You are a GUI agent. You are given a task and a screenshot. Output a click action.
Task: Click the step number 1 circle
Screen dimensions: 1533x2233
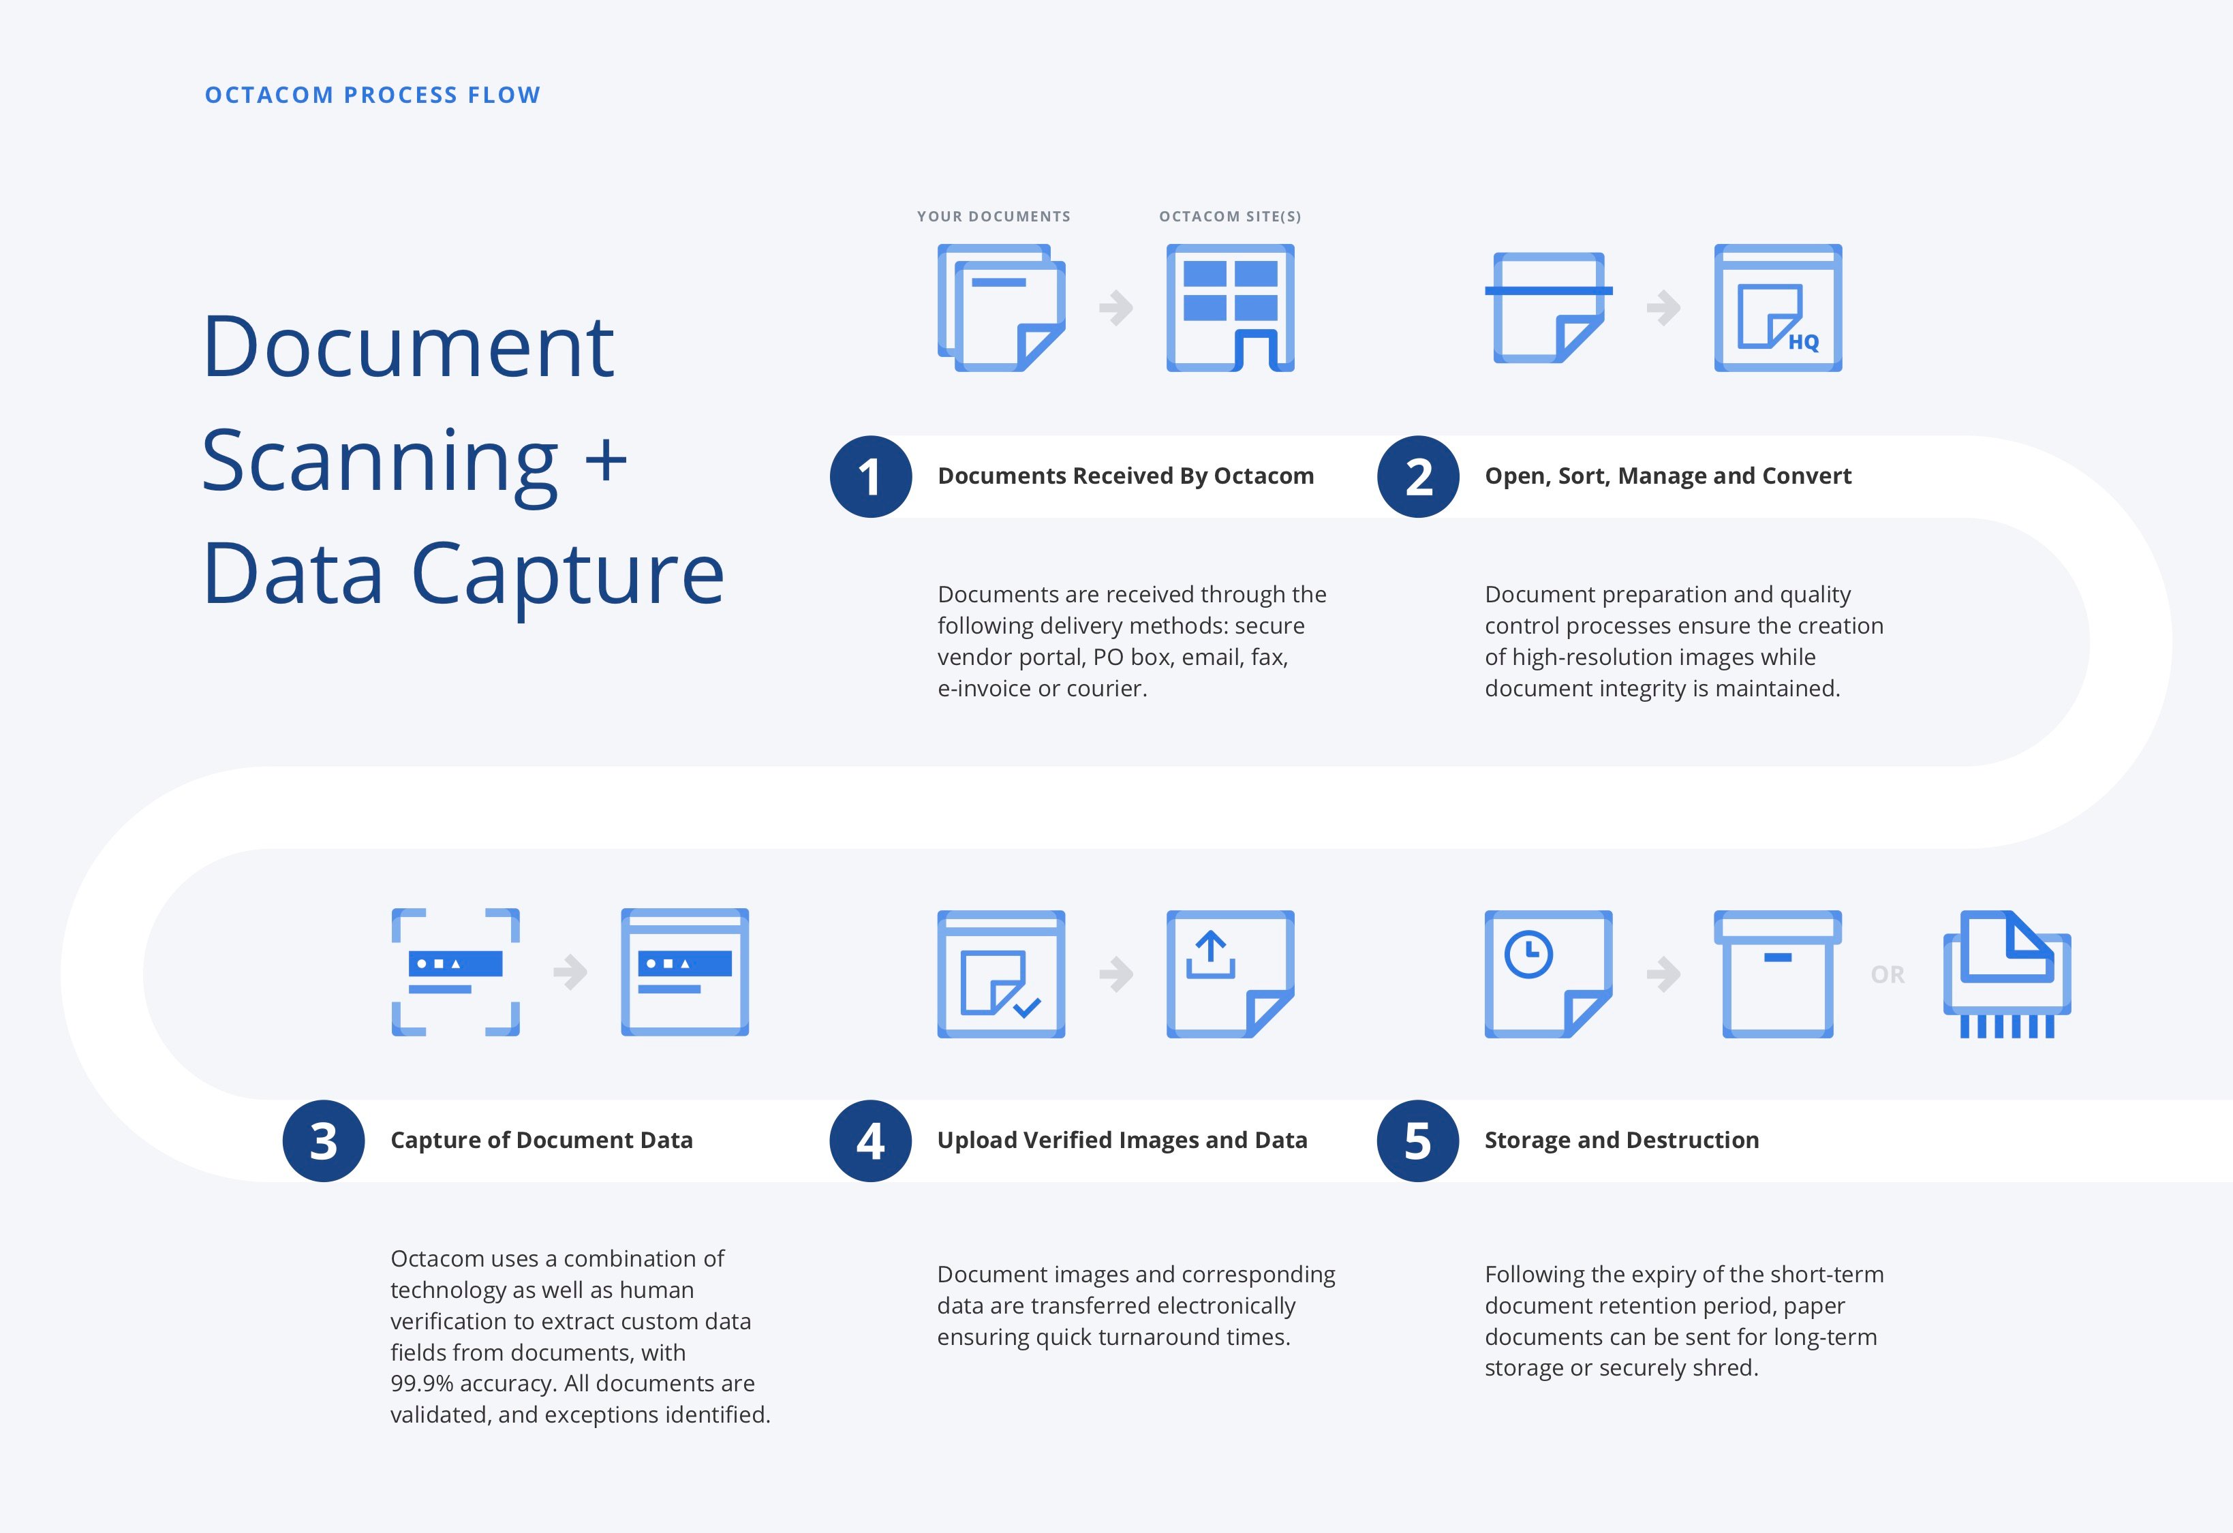coord(871,476)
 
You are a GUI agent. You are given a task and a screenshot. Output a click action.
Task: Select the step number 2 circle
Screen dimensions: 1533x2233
coord(1418,476)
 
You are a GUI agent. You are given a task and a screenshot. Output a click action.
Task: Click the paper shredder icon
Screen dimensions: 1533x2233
coord(2006,974)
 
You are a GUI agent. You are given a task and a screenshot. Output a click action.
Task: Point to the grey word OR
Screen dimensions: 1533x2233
coord(1887,975)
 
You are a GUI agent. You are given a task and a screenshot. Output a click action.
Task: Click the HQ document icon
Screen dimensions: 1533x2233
coord(1778,307)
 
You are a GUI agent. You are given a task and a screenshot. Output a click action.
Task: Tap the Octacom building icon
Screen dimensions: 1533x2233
coord(1230,307)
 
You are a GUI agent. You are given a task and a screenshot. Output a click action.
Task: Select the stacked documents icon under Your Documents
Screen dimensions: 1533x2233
coord(1001,307)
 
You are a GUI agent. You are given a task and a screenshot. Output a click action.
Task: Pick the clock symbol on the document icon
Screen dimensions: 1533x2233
coord(1528,955)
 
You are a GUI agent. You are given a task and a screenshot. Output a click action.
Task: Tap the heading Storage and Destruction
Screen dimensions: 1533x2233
coord(1622,1140)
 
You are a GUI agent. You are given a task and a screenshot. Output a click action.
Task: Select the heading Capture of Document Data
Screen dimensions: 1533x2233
coord(541,1140)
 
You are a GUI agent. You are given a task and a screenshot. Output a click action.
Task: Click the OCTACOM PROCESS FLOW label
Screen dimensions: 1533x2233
coord(373,95)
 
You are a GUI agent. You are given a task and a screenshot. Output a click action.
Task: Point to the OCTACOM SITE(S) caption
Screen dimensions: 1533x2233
coord(1230,216)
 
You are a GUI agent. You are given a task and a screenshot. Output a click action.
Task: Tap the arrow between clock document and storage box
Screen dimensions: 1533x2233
coord(1663,974)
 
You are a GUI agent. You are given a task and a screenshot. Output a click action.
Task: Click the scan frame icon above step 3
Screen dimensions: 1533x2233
coord(455,972)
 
